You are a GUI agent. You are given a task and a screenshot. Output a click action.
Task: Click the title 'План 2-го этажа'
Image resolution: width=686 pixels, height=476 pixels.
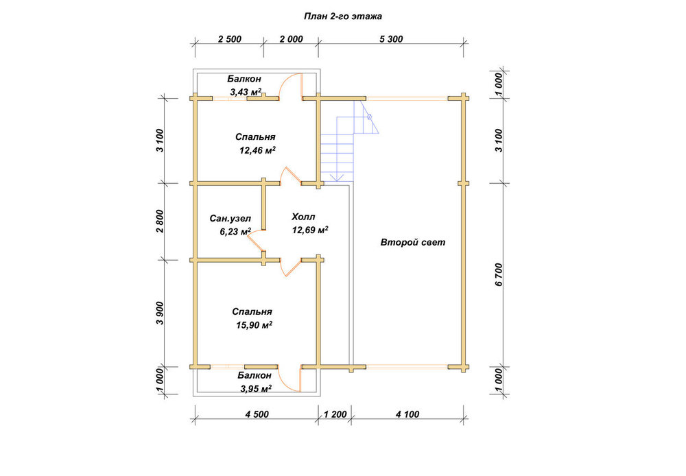[343, 16]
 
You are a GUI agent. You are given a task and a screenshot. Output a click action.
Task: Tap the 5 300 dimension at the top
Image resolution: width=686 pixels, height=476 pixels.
[391, 39]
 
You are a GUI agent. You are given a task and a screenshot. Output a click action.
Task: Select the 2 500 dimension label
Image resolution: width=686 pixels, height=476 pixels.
[230, 39]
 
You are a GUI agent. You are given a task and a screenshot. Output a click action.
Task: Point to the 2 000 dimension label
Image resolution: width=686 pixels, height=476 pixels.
[292, 39]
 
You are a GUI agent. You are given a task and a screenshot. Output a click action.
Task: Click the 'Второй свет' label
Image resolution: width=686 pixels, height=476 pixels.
[413, 242]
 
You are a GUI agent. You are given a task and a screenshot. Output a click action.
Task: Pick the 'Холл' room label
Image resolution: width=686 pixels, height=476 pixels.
[303, 217]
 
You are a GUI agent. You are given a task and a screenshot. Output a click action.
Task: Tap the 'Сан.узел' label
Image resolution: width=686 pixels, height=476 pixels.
[230, 218]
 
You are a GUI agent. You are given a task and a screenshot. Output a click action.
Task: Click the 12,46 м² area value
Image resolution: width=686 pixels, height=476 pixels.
[257, 150]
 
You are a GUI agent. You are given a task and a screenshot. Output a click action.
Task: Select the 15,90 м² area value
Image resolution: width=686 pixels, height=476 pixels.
[255, 325]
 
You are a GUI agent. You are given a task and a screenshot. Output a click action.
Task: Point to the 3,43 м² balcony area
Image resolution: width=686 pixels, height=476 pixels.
[246, 92]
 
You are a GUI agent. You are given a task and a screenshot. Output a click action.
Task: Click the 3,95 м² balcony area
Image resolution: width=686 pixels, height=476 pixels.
[256, 388]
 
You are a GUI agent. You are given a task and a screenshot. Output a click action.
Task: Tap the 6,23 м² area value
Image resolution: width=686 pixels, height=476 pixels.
[235, 231]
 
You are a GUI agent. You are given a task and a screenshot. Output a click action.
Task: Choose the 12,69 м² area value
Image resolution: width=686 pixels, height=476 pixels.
[310, 230]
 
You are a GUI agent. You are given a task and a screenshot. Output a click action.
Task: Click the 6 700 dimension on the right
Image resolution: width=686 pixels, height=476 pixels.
[499, 275]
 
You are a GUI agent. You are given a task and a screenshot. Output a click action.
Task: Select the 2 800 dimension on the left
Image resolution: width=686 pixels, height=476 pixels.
[160, 222]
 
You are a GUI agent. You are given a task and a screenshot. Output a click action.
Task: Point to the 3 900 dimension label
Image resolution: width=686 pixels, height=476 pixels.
[160, 313]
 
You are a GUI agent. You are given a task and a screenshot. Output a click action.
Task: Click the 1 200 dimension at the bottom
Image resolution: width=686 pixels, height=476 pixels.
[335, 414]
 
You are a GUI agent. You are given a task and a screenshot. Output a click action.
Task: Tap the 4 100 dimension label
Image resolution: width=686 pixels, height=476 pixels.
[407, 414]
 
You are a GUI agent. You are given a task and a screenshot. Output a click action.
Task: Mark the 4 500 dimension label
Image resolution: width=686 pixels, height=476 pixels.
[257, 414]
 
